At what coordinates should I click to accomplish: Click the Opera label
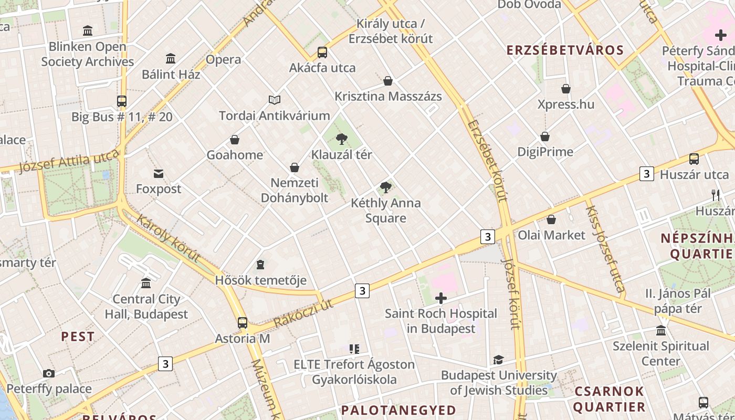[x=224, y=59]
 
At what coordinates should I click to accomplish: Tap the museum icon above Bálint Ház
[x=171, y=58]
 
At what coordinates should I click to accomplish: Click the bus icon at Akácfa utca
[x=322, y=52]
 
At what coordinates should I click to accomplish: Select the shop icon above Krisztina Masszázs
[x=388, y=81]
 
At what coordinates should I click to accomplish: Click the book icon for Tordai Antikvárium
[x=275, y=100]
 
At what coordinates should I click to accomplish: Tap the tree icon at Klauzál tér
[x=342, y=139]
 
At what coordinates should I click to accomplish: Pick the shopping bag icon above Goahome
[x=235, y=140]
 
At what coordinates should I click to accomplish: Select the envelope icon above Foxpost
[x=159, y=174]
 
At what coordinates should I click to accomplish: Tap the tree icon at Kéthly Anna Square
[x=386, y=187]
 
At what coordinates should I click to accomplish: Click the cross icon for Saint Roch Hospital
[x=441, y=299]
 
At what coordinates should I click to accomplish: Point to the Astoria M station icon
[x=243, y=323]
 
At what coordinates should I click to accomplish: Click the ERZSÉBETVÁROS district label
[x=565, y=51]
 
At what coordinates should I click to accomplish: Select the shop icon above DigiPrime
[x=545, y=137]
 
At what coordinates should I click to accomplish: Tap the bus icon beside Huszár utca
[x=694, y=159]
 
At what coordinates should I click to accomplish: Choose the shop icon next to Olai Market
[x=551, y=219]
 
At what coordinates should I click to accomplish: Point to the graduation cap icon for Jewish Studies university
[x=498, y=360]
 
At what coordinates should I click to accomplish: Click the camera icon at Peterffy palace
[x=49, y=374]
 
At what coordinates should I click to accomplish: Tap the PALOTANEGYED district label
[x=398, y=410]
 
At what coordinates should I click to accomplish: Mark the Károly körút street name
[x=168, y=238]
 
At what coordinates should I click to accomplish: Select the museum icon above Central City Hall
[x=146, y=283]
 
